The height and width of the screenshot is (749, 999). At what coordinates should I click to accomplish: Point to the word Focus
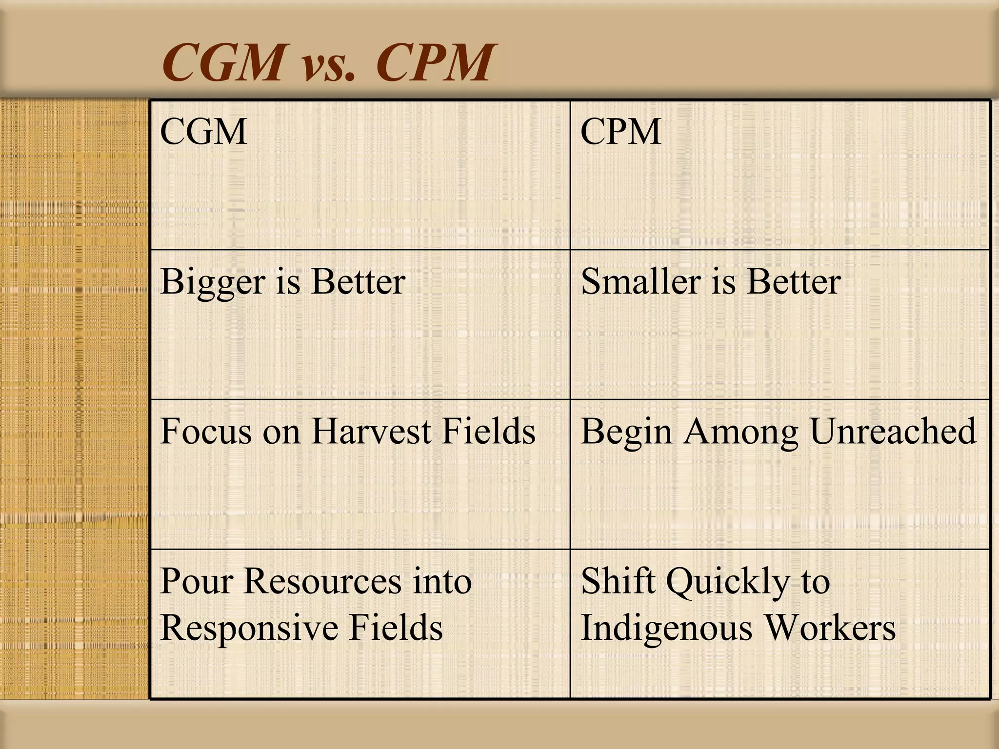click(205, 432)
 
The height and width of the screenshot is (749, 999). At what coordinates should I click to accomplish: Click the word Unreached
click(893, 432)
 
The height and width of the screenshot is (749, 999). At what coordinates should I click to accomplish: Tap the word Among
click(740, 433)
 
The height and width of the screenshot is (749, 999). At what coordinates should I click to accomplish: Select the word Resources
click(322, 581)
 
